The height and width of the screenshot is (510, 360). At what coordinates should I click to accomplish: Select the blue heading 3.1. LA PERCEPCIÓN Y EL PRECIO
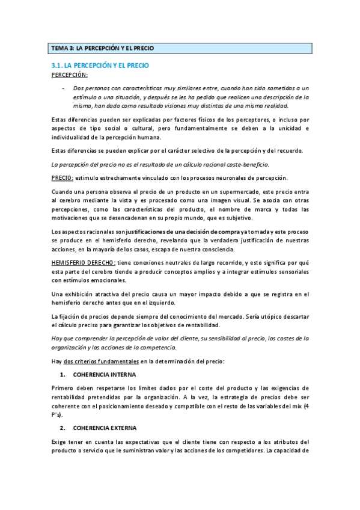click(x=100, y=64)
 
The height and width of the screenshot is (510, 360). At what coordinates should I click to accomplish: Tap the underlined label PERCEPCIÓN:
click(x=69, y=75)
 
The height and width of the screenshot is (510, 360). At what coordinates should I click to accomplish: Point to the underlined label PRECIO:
click(x=63, y=177)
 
